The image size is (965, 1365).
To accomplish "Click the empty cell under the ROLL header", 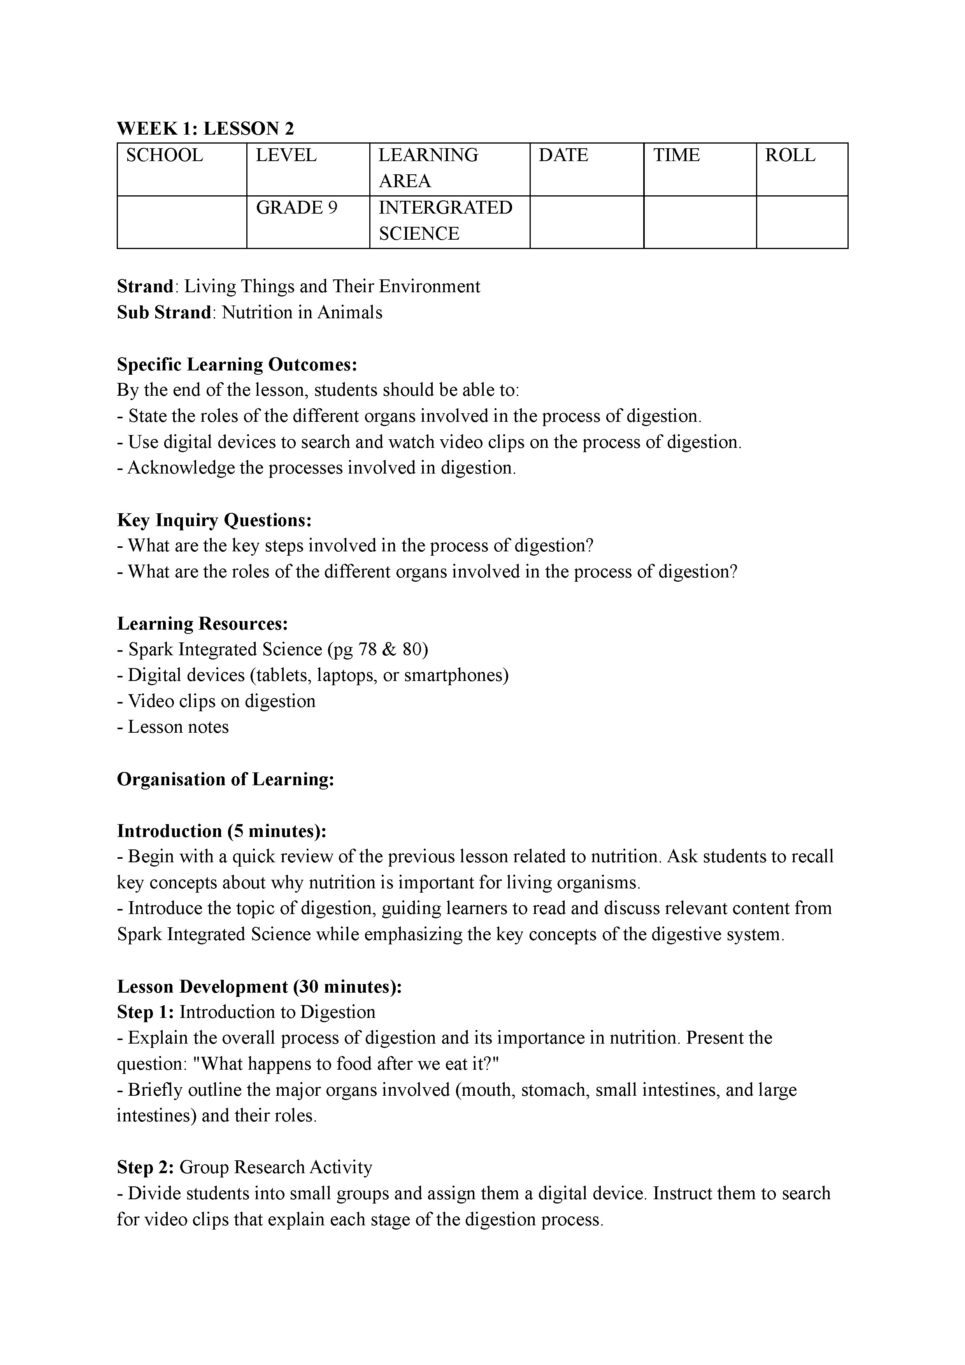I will (802, 222).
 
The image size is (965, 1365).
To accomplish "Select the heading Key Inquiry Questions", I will (214, 520).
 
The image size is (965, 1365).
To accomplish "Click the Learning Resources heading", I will (203, 624).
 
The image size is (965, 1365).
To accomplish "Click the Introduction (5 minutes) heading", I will (222, 831).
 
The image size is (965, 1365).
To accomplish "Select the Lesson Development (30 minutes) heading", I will (260, 987).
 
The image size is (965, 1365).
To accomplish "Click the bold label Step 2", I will (145, 1168).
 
